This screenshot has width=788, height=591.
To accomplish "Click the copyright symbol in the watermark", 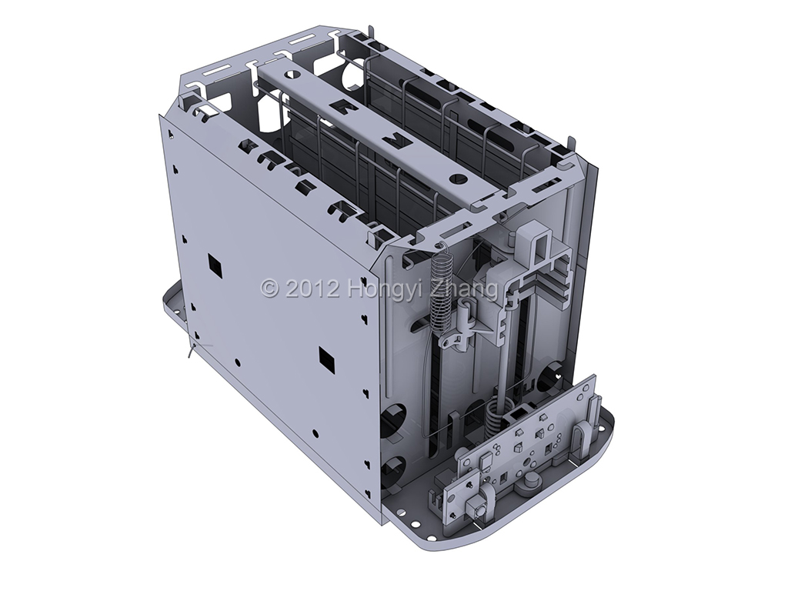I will coord(270,289).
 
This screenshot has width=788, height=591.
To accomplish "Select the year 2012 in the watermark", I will coord(312,289).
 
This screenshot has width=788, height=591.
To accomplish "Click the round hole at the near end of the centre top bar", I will coord(456,179).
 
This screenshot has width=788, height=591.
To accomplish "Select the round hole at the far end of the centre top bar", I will coord(292,75).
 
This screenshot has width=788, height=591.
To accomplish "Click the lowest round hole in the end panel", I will coord(392,471).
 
